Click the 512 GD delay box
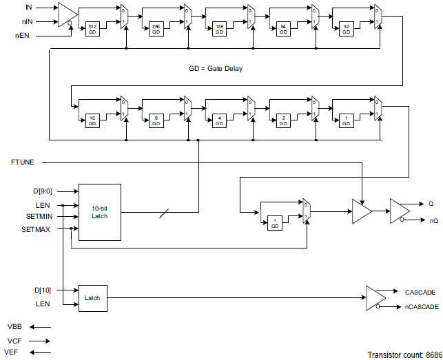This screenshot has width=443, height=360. pyautogui.click(x=92, y=28)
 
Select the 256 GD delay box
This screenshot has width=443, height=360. pyautogui.click(x=156, y=28)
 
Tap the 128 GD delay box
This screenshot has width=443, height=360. pyautogui.click(x=220, y=28)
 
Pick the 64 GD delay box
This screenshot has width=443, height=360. pyautogui.click(x=283, y=28)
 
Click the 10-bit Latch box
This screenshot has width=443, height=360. pyautogui.click(x=99, y=212)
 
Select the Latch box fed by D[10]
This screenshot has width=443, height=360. pyautogui.click(x=92, y=297)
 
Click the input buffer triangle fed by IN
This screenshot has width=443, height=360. pyautogui.click(x=66, y=13)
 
